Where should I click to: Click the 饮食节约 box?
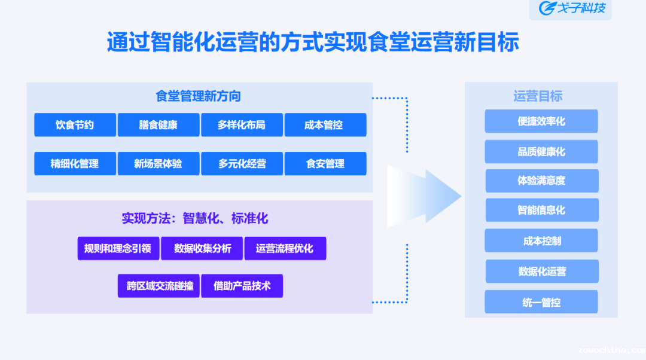pyautogui.click(x=75, y=125)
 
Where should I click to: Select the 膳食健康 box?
pyautogui.click(x=159, y=125)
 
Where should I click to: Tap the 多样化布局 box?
pyautogui.click(x=242, y=125)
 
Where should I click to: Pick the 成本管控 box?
pyautogui.click(x=325, y=125)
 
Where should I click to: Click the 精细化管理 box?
pyautogui.click(x=75, y=163)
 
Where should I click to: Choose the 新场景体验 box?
pyautogui.click(x=159, y=163)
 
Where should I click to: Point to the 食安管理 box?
pyautogui.click(x=325, y=163)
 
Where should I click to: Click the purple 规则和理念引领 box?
pyautogui.click(x=118, y=248)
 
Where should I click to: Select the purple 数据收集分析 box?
pyautogui.click(x=202, y=248)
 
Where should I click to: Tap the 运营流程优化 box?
pyautogui.click(x=285, y=248)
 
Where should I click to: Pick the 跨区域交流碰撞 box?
pyautogui.click(x=159, y=286)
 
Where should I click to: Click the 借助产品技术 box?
pyautogui.click(x=242, y=286)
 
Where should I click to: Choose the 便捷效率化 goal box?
pyautogui.click(x=541, y=121)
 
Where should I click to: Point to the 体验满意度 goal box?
pyautogui.click(x=542, y=181)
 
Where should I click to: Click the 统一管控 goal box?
pyautogui.click(x=541, y=302)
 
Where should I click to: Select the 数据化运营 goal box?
pyautogui.click(x=542, y=271)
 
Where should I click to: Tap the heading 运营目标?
pyautogui.click(x=538, y=96)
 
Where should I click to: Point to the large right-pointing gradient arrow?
pyautogui.click(x=422, y=196)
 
